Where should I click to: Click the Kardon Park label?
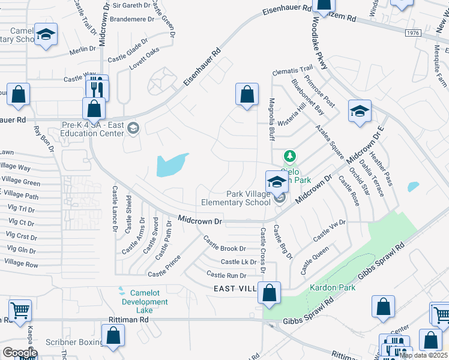pos(333,287)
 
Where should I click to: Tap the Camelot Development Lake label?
pos(145,302)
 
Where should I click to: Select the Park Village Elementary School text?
pos(249,198)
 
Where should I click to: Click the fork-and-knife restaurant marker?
pos(97,88)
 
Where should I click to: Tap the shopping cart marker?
pos(20,311)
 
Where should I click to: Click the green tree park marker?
pos(290,157)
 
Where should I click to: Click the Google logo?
pos(20,353)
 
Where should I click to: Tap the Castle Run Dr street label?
pos(226,275)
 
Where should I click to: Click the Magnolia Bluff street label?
pos(271,119)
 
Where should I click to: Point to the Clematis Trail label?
pos(292,71)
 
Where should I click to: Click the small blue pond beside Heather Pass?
pos(412,187)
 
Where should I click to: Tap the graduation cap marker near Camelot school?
pos(45,35)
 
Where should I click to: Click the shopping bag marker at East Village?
pos(270,293)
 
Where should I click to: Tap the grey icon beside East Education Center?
pos(133,127)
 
